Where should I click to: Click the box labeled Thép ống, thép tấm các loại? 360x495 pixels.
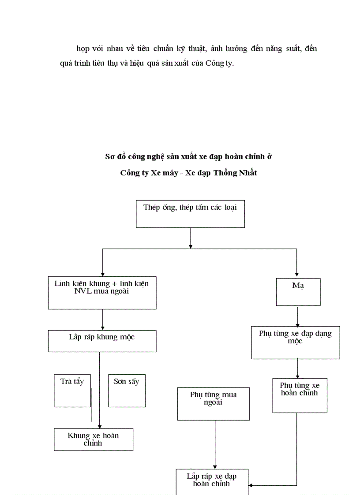pos(190,214)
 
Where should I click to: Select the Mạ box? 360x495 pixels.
pos(298,292)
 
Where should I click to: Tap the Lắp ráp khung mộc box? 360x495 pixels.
pos(102,341)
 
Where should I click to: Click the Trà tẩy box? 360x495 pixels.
pos(72,391)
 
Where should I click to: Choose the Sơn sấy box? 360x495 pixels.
pos(127,391)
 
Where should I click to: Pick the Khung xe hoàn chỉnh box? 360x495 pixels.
pos(94,439)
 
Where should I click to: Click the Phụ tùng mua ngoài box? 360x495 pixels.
pos(213,404)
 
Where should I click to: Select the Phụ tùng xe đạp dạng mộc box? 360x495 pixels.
pos(295,342)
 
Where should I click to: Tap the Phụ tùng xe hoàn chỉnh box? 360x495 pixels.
pos(300,395)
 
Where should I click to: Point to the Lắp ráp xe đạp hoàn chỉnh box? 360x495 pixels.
pos(212,482)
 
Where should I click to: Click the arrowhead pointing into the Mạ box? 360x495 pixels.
pos(296,274)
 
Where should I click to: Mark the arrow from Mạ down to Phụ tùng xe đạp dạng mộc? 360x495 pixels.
pos(297,316)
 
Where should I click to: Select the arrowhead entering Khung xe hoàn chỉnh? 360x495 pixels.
pos(100,426)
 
